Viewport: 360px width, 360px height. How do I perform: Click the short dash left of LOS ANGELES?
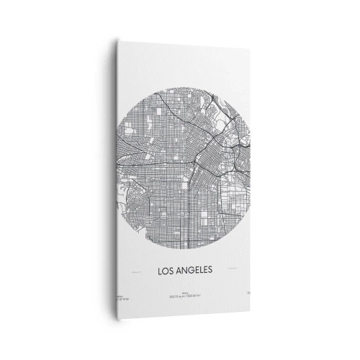(x=135, y=272)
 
